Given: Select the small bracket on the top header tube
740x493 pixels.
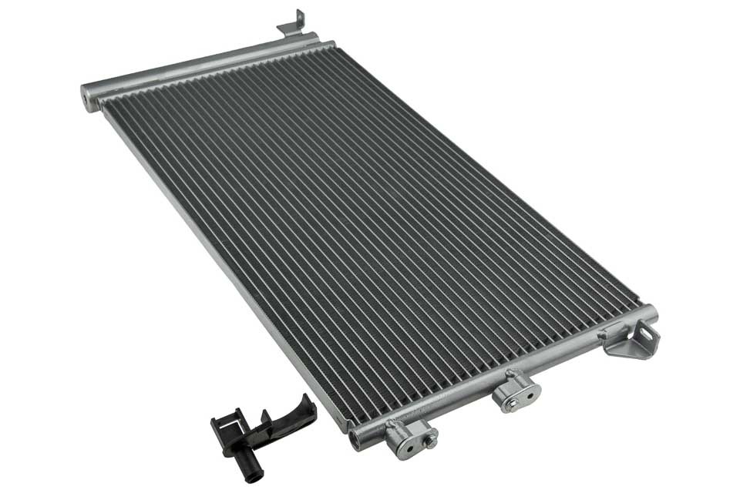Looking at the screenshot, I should click(292, 25).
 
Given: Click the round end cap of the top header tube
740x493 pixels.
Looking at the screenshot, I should click(87, 98).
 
